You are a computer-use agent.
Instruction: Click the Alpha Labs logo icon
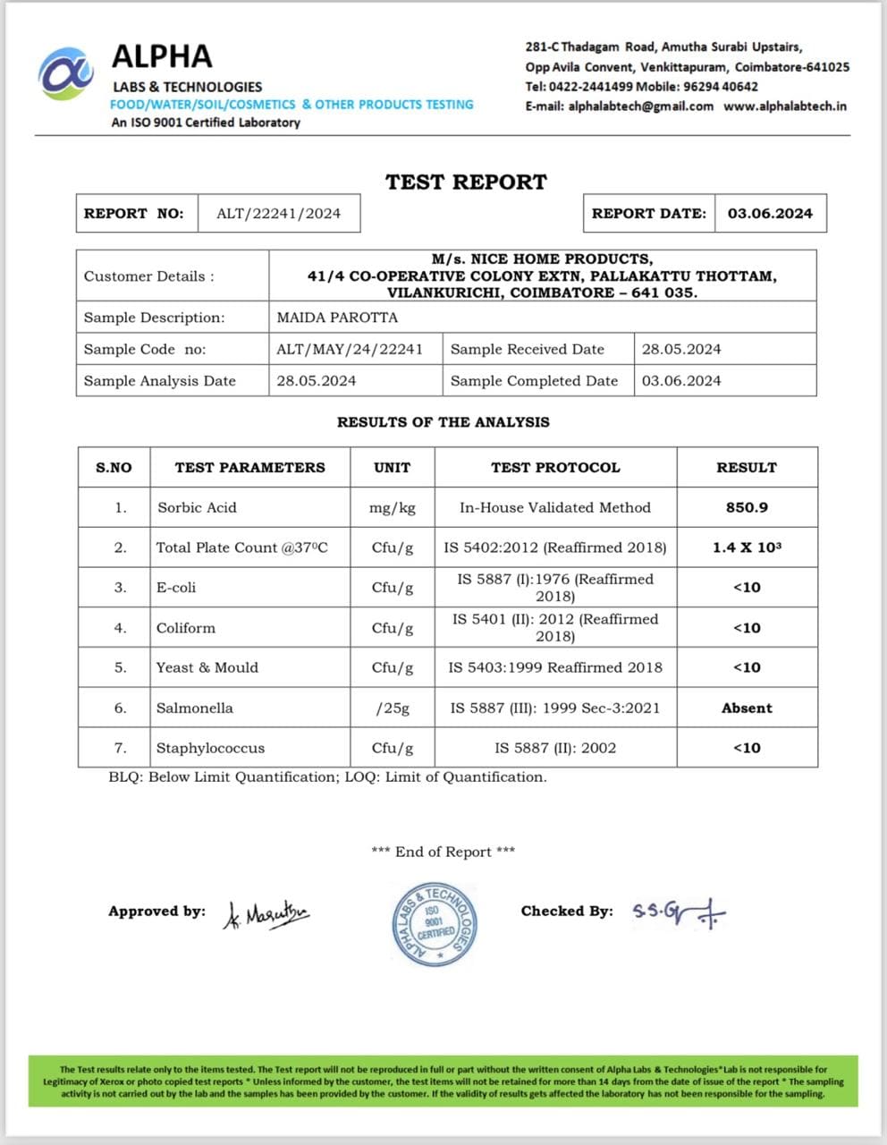[x=65, y=74]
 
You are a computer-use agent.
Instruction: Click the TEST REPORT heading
[x=466, y=182]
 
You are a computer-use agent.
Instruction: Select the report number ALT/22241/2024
[x=278, y=213]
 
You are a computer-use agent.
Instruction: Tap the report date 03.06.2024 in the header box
[x=770, y=213]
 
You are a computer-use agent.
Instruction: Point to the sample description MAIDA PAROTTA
[x=337, y=318]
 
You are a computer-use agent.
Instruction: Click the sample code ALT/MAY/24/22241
[x=350, y=349]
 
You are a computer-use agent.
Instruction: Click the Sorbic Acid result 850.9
[x=747, y=507]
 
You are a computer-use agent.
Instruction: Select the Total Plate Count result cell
[x=747, y=547]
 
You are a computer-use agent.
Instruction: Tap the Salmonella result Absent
[x=747, y=708]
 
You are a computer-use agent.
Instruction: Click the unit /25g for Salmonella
[x=393, y=708]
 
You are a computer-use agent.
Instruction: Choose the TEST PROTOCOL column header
[x=555, y=467]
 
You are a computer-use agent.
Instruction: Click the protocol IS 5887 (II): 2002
[x=555, y=748]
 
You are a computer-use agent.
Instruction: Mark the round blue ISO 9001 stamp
[x=435, y=925]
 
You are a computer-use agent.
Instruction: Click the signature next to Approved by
[x=266, y=913]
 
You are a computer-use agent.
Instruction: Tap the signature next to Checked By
[x=679, y=912]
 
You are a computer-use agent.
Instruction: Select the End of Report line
[x=443, y=852]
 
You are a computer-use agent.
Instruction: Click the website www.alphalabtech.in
[x=785, y=106]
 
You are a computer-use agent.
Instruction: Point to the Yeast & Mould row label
[x=207, y=667]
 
